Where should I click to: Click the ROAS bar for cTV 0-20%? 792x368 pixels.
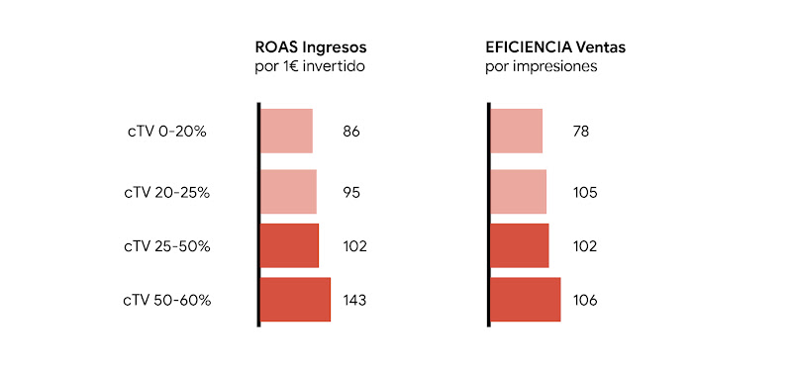(x=286, y=131)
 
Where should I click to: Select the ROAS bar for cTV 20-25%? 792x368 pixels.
(x=288, y=192)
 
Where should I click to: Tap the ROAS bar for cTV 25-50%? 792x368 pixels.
(x=289, y=245)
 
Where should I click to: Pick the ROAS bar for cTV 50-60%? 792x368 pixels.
(x=295, y=300)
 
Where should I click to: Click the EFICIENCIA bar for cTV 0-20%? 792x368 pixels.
(x=517, y=131)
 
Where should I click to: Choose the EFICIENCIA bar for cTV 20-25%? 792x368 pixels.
(x=519, y=192)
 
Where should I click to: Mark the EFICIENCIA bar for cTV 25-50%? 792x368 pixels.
(x=520, y=245)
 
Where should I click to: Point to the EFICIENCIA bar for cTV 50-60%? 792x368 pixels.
(x=526, y=300)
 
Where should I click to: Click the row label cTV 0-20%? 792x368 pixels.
(x=165, y=131)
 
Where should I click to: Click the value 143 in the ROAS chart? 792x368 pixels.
(x=354, y=300)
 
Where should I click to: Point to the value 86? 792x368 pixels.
(x=351, y=131)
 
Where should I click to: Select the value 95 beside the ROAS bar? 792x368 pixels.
(x=351, y=192)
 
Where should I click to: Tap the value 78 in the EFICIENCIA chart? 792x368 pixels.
(x=581, y=131)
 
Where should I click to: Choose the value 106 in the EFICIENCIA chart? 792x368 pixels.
(x=585, y=300)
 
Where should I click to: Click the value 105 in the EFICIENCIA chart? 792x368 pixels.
(x=585, y=192)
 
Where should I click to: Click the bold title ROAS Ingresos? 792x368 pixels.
(x=312, y=46)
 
